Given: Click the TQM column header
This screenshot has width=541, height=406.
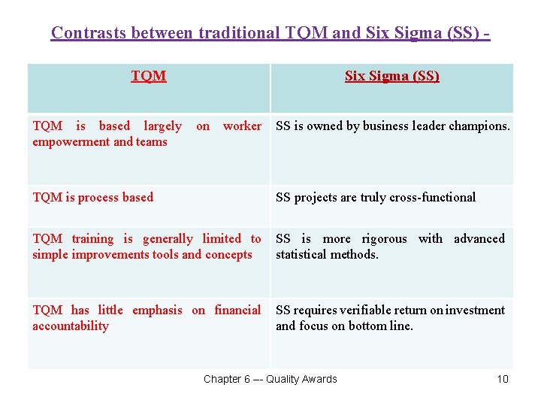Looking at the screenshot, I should (148, 76).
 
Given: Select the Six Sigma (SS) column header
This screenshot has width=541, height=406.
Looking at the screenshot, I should (391, 76).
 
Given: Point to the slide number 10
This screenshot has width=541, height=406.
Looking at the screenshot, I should (503, 379).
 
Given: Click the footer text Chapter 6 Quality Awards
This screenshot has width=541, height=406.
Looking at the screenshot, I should (270, 379).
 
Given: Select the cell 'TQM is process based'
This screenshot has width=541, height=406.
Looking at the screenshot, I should (92, 198).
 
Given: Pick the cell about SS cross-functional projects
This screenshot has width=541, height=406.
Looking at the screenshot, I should (376, 198).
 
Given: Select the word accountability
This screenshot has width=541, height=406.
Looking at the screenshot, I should (71, 326).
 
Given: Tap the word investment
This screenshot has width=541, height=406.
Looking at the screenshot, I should (476, 311).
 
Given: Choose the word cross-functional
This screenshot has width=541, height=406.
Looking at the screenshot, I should (431, 198).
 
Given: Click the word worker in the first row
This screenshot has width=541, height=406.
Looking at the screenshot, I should (242, 126).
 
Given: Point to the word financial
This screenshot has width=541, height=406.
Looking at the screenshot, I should (237, 311).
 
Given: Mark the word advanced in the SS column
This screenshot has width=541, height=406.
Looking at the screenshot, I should (479, 239).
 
